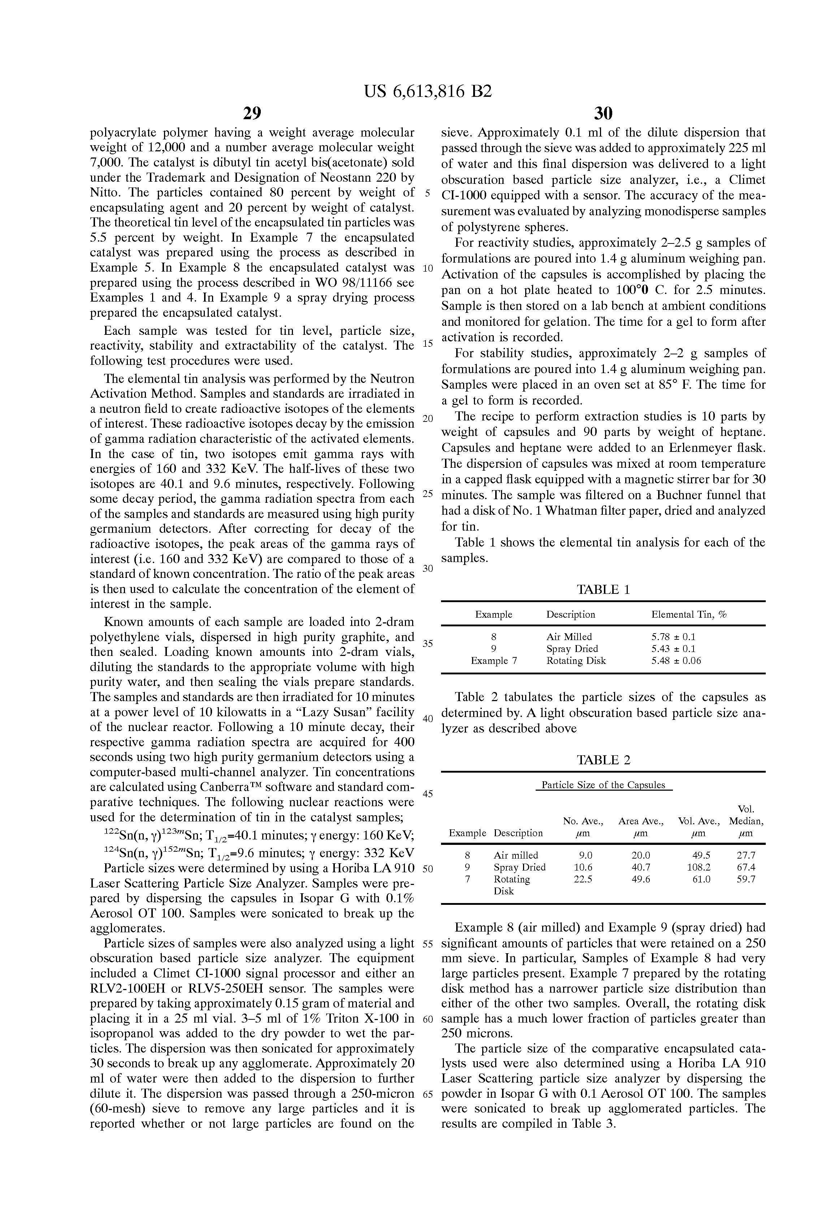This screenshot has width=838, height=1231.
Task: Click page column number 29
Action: [252, 113]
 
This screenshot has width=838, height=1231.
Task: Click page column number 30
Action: [603, 113]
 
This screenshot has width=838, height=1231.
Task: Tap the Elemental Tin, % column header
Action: [688, 614]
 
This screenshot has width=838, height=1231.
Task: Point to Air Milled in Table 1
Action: [569, 637]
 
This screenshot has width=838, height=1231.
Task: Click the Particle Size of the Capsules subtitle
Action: [603, 785]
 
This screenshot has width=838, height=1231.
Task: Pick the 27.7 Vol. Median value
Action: [746, 855]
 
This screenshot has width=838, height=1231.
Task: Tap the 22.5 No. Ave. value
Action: [583, 879]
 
